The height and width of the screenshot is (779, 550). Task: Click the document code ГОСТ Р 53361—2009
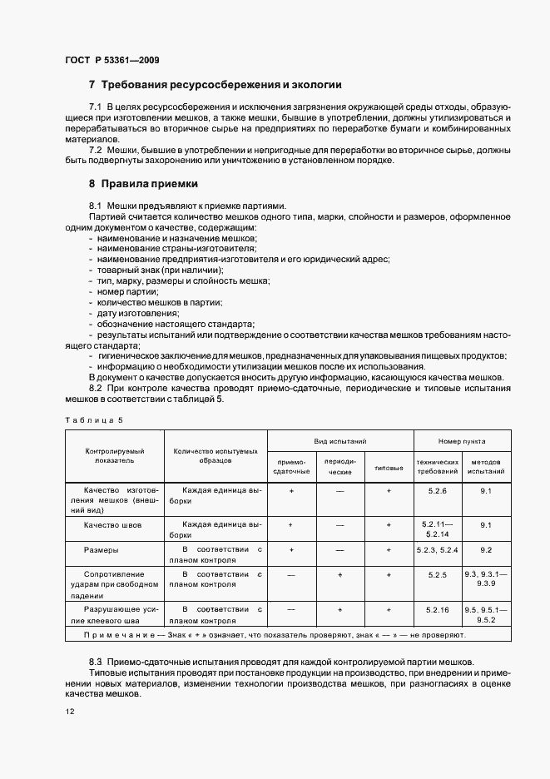(111, 60)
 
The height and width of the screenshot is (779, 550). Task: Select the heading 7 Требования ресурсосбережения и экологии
(215, 85)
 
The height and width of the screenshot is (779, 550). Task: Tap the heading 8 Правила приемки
(143, 183)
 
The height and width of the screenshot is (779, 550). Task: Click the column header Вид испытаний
(340, 441)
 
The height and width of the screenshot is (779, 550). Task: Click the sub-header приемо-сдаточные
(290, 466)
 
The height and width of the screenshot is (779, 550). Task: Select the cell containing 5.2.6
(438, 491)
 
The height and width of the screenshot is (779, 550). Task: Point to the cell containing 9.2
(487, 550)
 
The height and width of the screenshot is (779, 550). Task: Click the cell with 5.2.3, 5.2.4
(438, 550)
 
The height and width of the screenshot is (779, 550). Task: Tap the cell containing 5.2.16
(438, 609)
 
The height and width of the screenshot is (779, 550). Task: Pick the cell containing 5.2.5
(438, 574)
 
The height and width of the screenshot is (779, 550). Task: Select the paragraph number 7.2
(95, 149)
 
